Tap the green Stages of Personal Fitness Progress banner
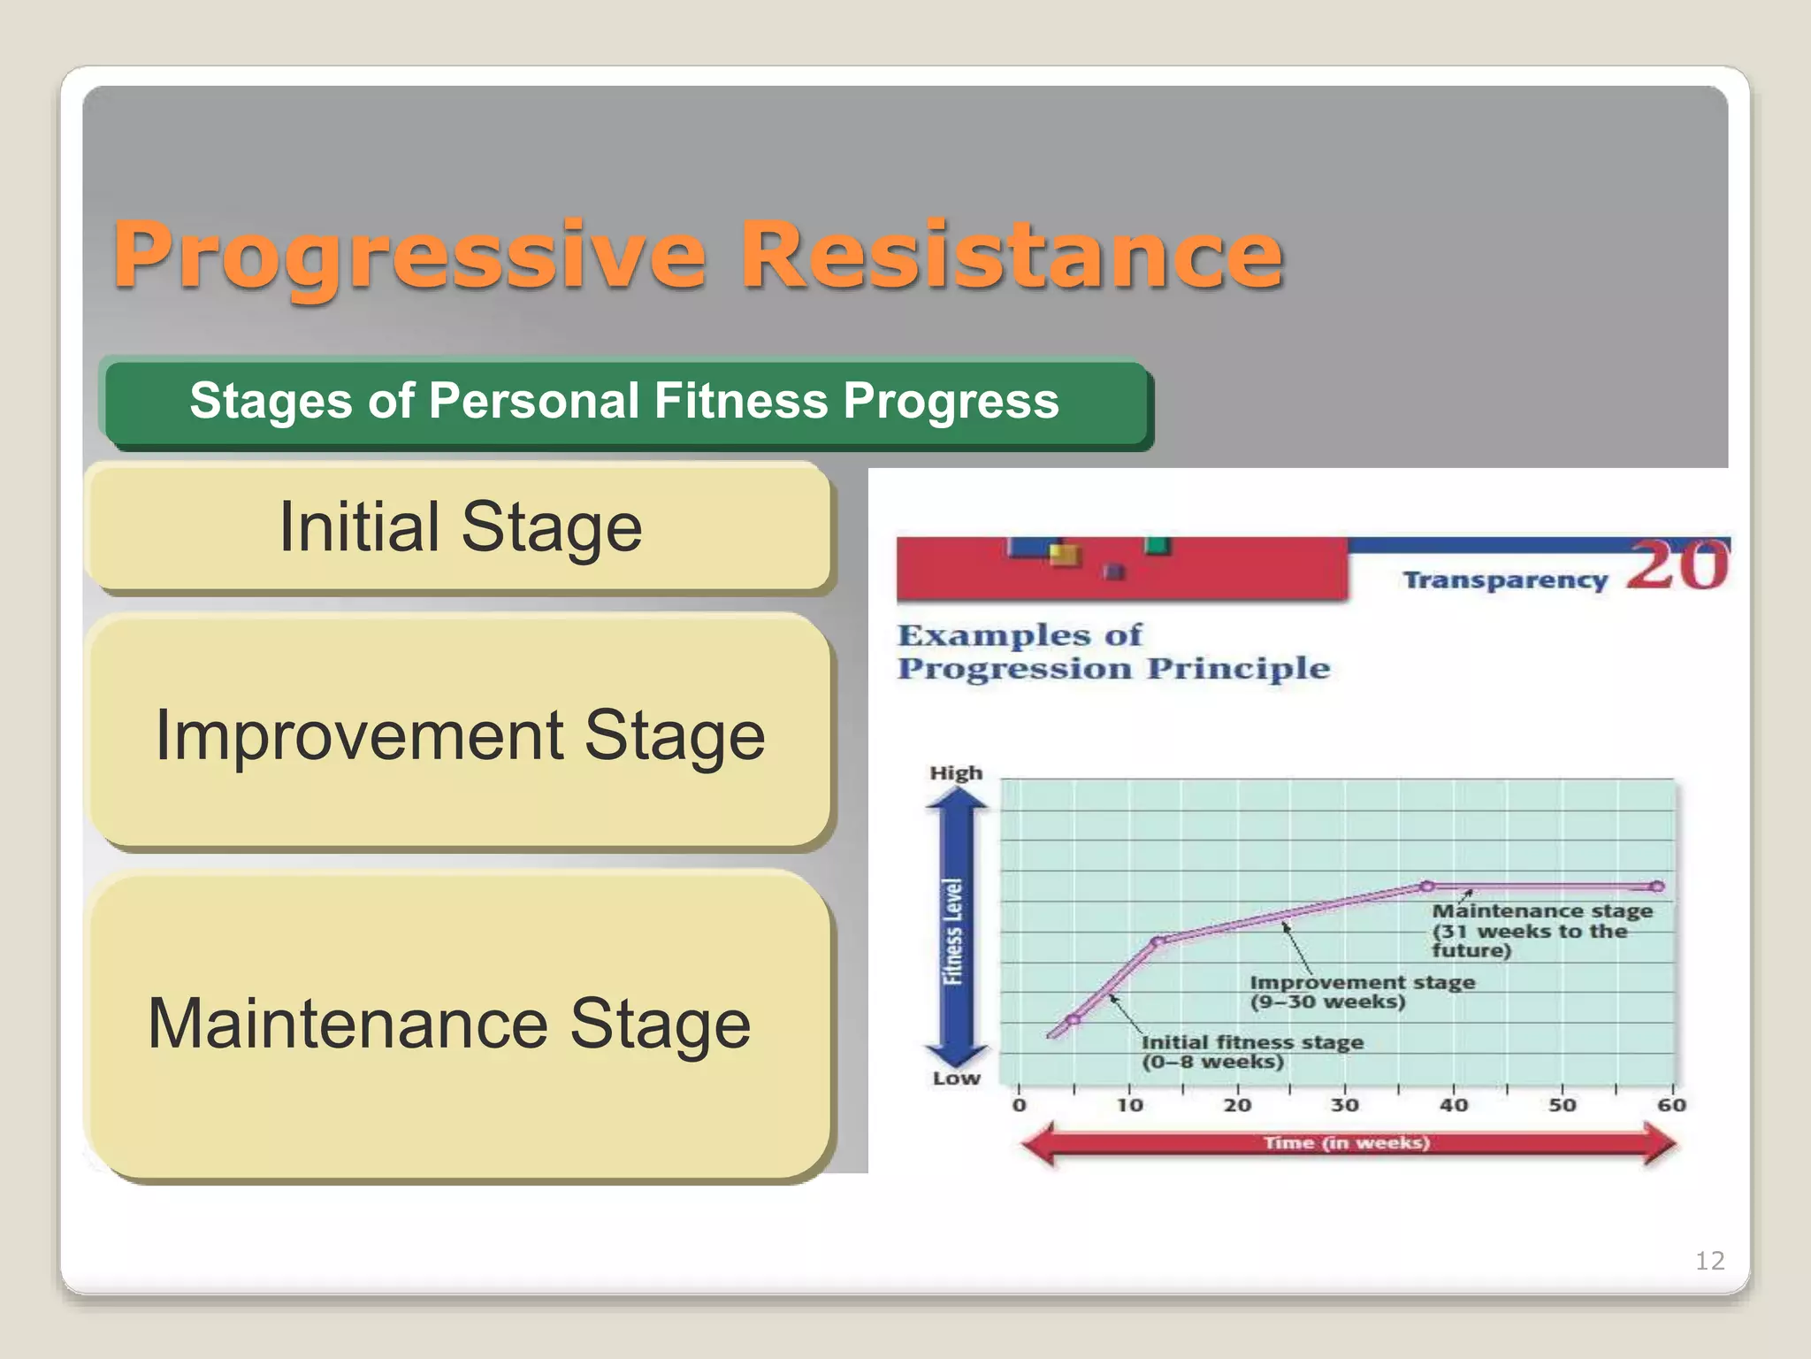point(624,402)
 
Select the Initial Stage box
point(460,527)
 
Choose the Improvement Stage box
point(460,734)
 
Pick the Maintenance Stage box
point(451,1025)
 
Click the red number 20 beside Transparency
point(1677,566)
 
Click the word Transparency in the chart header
point(1505,580)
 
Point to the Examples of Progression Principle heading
point(1112,652)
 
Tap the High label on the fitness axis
point(956,773)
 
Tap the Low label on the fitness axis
point(956,1079)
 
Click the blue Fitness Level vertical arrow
point(955,929)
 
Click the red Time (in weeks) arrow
point(1346,1143)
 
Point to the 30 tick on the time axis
point(1344,1105)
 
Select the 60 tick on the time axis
point(1671,1105)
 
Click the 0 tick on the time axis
point(1019,1105)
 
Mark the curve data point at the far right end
point(1657,887)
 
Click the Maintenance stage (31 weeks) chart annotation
point(1540,931)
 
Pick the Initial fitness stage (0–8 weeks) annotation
point(1250,1052)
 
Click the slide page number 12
point(1709,1261)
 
